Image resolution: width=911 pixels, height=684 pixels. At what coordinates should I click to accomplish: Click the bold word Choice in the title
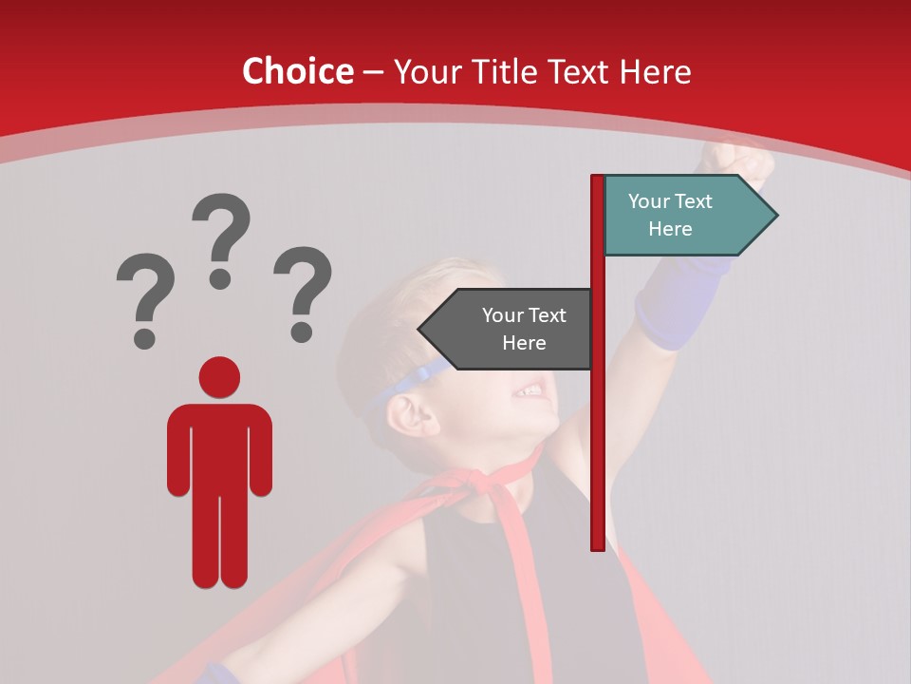297,72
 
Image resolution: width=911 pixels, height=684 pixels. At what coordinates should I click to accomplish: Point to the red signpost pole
598,427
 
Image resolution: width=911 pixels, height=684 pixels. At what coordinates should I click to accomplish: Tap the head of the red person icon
219,377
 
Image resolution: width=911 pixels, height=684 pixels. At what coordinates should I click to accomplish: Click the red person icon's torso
219,446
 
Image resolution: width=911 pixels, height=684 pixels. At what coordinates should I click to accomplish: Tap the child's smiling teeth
530,390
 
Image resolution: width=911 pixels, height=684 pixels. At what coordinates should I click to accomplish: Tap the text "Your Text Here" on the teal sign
670,215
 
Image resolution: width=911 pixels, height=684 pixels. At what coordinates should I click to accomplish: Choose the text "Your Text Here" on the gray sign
524,329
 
